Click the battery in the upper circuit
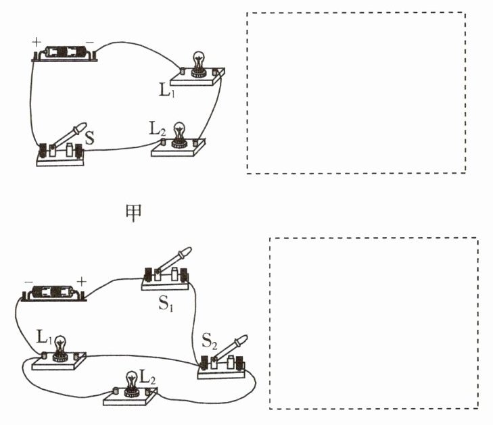(64, 53)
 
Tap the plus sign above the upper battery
(37, 42)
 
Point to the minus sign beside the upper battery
(90, 42)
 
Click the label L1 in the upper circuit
(167, 91)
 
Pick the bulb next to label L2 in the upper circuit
(179, 134)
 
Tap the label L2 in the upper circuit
(158, 130)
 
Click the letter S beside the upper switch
(90, 138)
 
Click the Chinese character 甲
(134, 213)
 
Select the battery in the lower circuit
(54, 293)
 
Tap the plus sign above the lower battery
(81, 282)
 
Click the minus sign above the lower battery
(28, 282)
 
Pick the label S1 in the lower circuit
(166, 303)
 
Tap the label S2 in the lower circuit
(210, 341)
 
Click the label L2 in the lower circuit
(147, 376)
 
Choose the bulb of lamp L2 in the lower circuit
(131, 384)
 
